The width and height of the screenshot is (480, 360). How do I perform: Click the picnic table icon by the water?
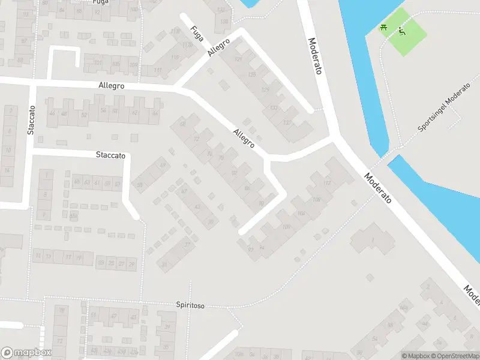click(x=383, y=26)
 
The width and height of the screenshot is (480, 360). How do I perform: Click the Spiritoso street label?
click(x=190, y=305)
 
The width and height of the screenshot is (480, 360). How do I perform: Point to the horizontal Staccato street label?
click(x=110, y=155)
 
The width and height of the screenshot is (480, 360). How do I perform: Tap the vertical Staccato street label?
click(x=32, y=120)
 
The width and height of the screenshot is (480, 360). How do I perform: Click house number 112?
click(x=327, y=182)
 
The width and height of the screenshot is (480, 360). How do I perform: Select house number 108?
click(x=316, y=199)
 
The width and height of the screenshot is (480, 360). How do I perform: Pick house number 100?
click(x=286, y=226)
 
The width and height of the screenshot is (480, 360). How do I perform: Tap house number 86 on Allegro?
click(x=247, y=188)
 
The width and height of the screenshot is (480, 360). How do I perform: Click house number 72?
click(x=196, y=139)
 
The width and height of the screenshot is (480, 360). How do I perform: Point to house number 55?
click(x=140, y=185)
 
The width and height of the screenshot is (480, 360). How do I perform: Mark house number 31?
click(x=164, y=264)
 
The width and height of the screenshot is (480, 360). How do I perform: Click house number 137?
click(x=287, y=122)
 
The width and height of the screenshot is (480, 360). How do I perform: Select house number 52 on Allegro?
click(x=83, y=114)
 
